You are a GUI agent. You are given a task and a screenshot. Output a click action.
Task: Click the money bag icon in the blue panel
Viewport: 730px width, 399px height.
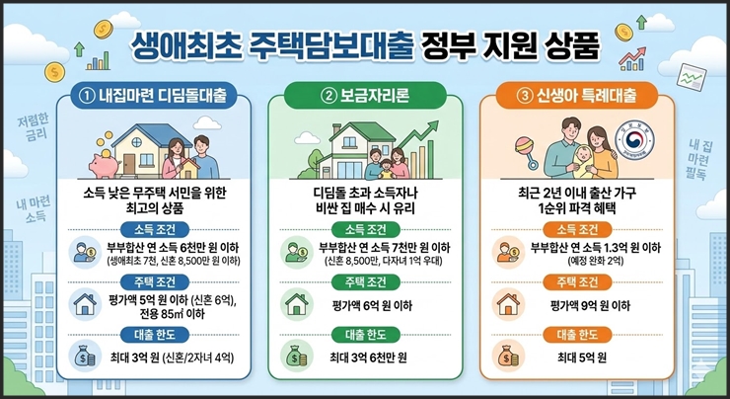[x=81, y=354]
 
